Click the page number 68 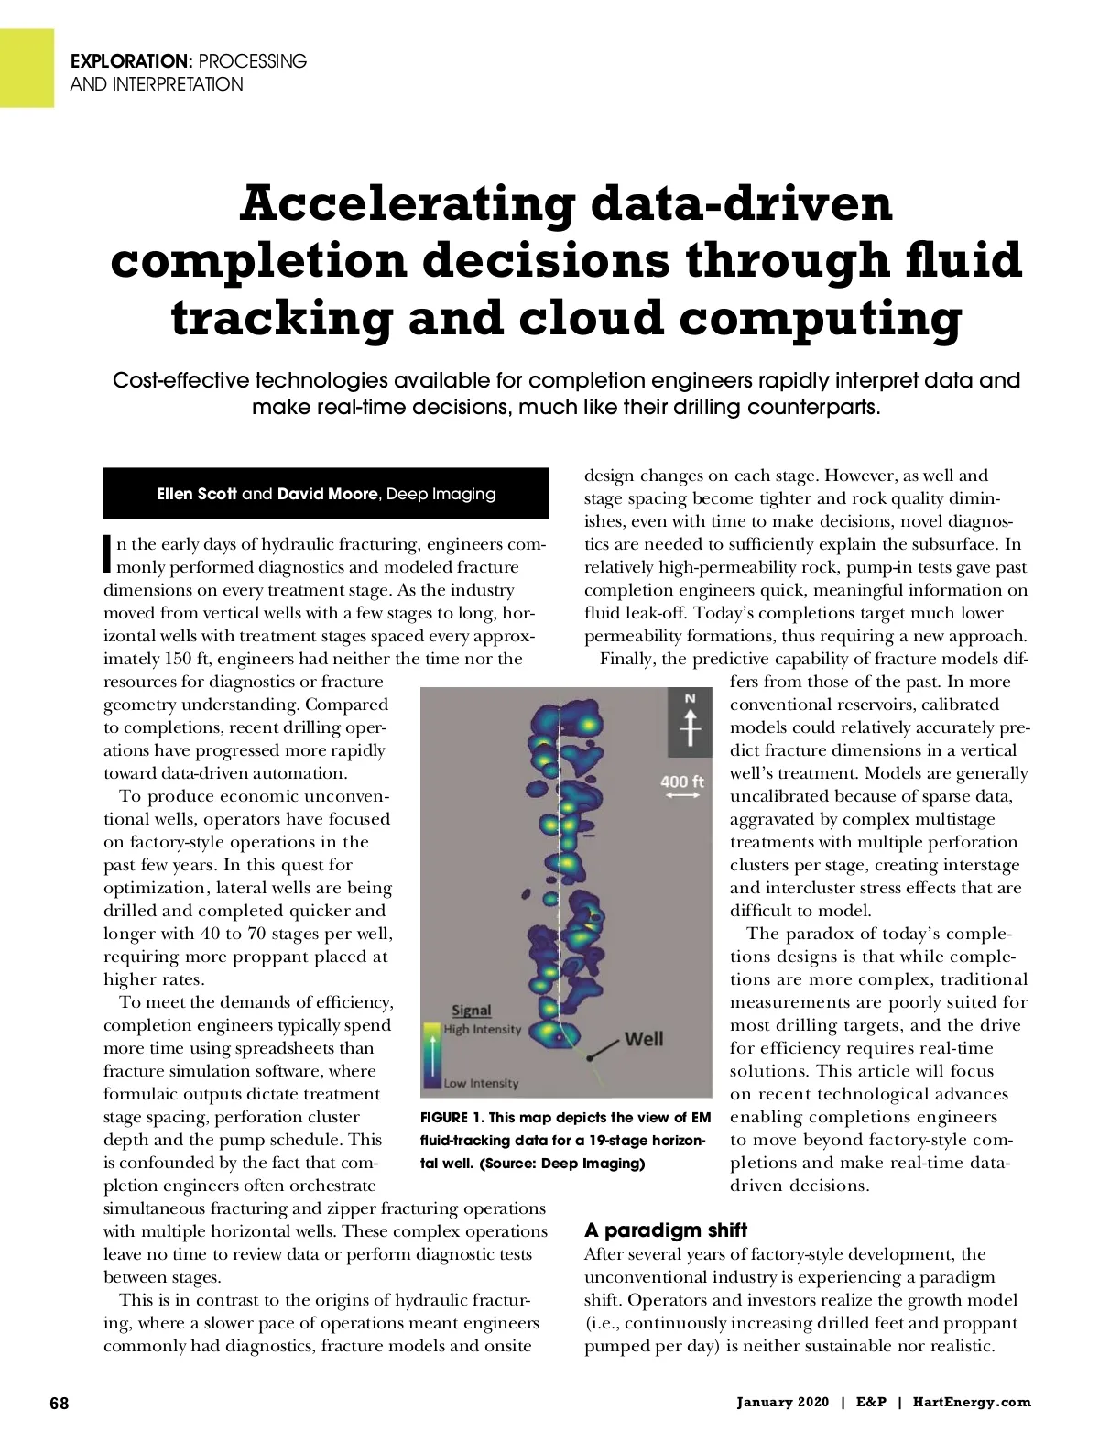(x=59, y=1403)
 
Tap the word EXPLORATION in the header (x=129, y=62)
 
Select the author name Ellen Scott (x=197, y=494)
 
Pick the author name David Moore (x=327, y=494)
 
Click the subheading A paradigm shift (x=666, y=1230)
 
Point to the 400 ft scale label (x=682, y=782)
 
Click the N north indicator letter (x=691, y=699)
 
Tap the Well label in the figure (x=643, y=1039)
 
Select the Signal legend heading (x=472, y=1011)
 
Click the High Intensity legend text (x=483, y=1030)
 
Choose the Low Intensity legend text (x=481, y=1084)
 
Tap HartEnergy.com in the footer (x=972, y=1403)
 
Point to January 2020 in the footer (x=783, y=1403)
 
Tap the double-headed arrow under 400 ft (x=682, y=797)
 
